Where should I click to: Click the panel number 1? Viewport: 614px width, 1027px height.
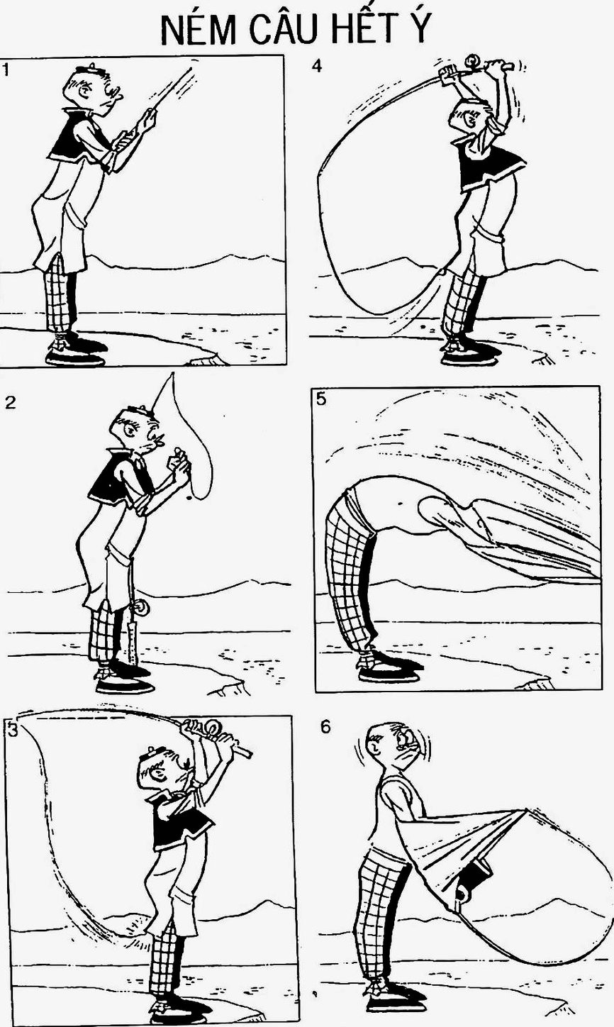coord(6,70)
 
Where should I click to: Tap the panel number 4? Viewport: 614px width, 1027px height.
coord(317,67)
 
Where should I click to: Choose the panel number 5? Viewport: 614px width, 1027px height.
coord(322,399)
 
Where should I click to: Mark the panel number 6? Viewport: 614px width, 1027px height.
coord(325,727)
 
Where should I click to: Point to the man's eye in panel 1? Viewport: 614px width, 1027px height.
coord(85,91)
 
